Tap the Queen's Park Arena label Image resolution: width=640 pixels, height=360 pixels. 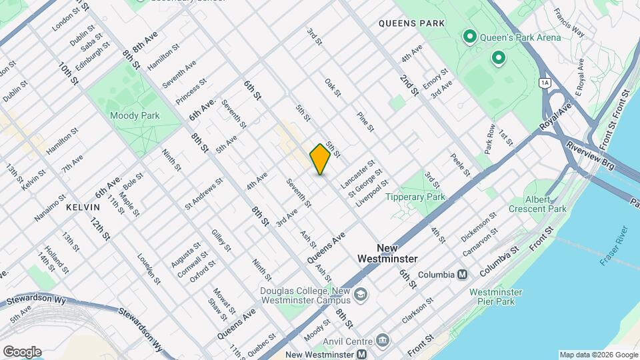(x=517, y=37)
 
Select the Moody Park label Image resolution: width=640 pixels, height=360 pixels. (x=141, y=115)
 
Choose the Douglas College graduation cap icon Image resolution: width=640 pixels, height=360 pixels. (x=360, y=294)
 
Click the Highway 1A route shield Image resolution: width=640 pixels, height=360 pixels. (x=545, y=82)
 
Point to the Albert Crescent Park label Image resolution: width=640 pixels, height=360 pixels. (x=546, y=205)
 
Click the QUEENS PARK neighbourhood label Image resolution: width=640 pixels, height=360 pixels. (x=411, y=23)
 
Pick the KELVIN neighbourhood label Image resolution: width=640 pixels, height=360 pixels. (x=83, y=208)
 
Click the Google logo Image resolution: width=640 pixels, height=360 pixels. (x=22, y=352)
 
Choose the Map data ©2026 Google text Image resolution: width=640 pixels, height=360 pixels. (x=598, y=355)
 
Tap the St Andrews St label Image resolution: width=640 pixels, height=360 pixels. (x=204, y=191)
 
